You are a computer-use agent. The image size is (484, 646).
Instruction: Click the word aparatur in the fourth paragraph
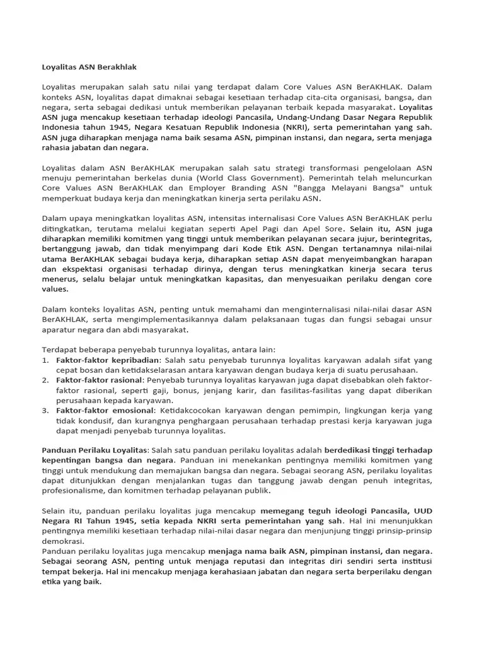click(x=63, y=329)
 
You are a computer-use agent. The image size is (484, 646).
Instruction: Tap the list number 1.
click(x=45, y=360)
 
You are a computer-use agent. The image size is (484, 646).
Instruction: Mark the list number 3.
click(x=45, y=410)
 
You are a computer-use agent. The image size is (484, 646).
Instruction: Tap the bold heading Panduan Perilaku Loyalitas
click(x=94, y=450)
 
